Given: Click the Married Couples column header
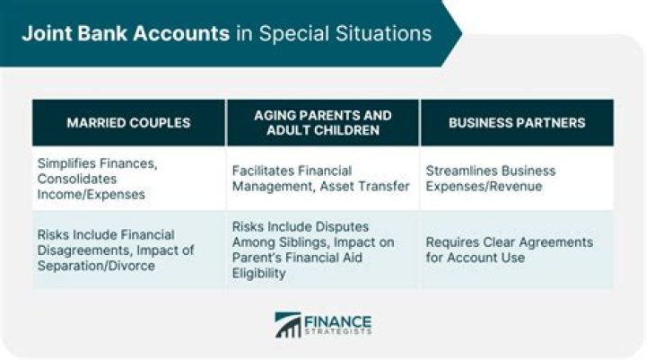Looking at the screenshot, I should (x=128, y=123).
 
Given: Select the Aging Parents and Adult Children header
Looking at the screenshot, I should (x=323, y=123).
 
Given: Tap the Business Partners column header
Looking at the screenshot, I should (x=517, y=123).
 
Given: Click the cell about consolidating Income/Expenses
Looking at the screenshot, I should (x=128, y=179).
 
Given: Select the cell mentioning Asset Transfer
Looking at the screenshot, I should (x=323, y=179).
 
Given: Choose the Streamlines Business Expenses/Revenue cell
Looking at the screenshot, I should (x=517, y=179).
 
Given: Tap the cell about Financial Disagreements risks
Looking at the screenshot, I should (x=128, y=250).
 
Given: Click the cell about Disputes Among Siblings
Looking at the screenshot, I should (x=323, y=250).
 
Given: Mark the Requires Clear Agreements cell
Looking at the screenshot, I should (x=517, y=250).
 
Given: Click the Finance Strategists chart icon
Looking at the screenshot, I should (x=288, y=325).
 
